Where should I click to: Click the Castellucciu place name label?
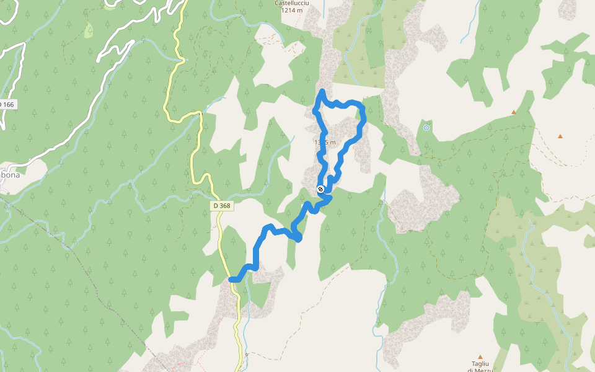click(292, 3)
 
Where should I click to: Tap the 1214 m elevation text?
click(292, 11)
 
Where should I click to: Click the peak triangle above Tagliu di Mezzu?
click(480, 357)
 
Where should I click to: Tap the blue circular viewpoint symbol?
click(426, 128)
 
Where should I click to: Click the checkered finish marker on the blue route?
click(320, 189)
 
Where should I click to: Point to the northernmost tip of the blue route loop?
click(322, 92)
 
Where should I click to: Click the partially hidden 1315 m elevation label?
click(325, 143)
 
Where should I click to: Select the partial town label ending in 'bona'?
click(10, 175)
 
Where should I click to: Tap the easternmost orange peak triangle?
click(560, 136)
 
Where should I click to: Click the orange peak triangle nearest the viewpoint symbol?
click(513, 112)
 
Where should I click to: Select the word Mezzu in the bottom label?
click(480, 370)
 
